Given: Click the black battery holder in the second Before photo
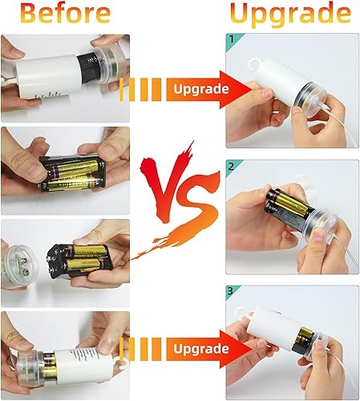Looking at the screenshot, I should [x=71, y=170].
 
